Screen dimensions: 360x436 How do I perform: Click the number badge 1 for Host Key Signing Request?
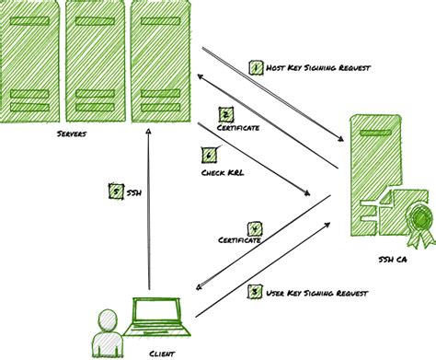tap(257, 67)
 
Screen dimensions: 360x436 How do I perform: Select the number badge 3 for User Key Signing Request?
tap(255, 292)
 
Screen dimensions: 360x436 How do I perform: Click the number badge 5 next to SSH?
tap(115, 192)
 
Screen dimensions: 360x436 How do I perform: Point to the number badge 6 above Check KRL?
tap(209, 156)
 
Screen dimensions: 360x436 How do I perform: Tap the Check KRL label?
tap(222, 171)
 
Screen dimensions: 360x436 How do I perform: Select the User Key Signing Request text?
tap(318, 293)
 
